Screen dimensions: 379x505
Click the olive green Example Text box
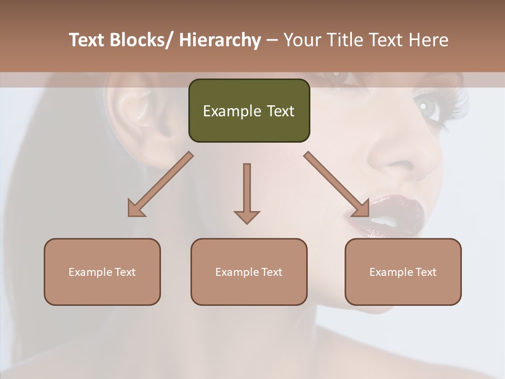click(249, 111)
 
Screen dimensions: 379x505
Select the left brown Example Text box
click(102, 272)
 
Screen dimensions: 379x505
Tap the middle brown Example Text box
click(249, 272)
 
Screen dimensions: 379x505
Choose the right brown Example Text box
click(403, 272)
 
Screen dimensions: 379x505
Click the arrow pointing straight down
click(247, 192)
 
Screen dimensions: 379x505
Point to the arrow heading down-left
click(160, 184)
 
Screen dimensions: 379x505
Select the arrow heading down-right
click(337, 184)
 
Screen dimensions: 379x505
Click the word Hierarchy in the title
click(220, 40)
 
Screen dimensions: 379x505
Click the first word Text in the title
click(88, 40)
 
